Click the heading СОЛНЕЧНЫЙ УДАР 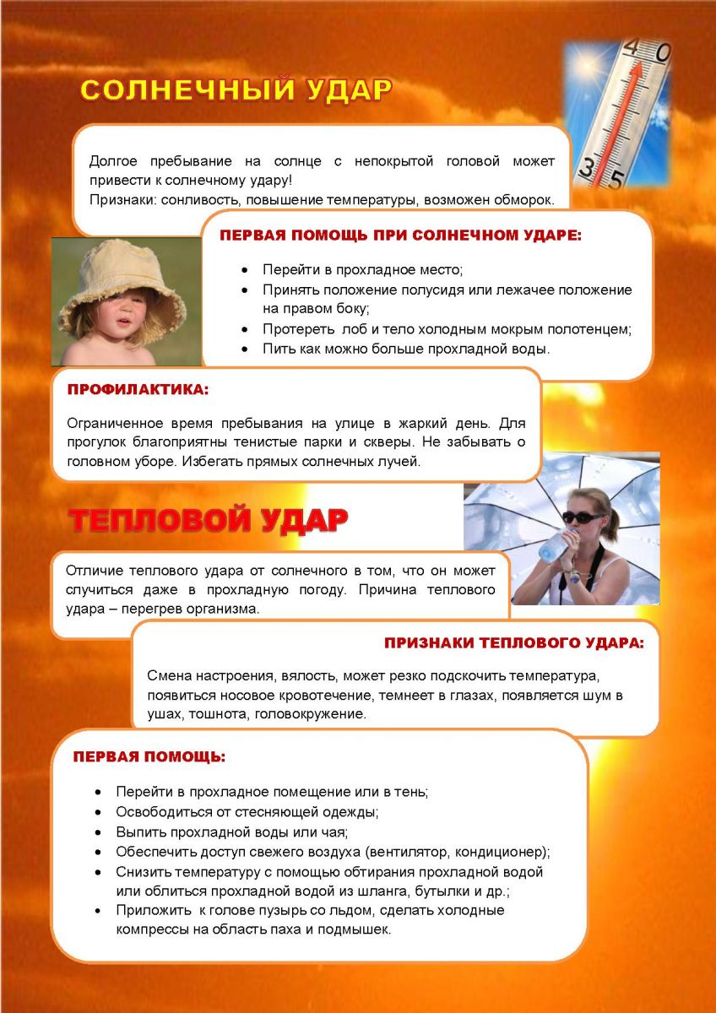pos(236,90)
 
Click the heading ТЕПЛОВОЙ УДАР pos(208,521)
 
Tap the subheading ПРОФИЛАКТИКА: pos(137,391)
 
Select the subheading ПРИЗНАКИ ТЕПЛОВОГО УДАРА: pos(513,643)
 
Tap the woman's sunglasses pos(583,516)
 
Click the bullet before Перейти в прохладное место pos(245,270)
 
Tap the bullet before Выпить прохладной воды pos(99,832)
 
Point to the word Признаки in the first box pos(118,200)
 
